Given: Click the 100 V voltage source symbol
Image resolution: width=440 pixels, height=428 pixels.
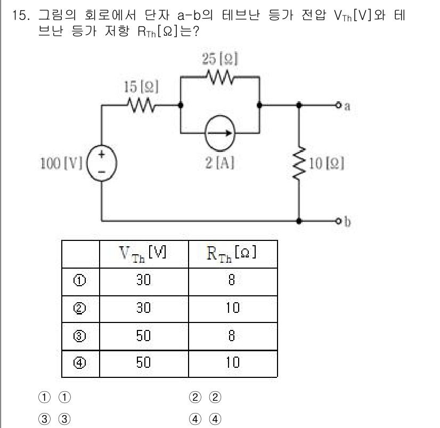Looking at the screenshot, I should pos(101,161).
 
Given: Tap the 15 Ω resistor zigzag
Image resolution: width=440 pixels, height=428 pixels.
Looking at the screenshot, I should pos(140,105).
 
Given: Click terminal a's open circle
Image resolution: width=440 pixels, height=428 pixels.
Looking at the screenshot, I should pos(338,105).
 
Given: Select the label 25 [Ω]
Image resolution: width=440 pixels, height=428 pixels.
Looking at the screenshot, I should pos(220,59).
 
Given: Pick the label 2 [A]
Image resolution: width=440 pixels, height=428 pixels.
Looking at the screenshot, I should pos(219,163).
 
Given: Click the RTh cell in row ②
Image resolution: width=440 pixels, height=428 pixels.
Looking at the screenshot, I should pos(233,308).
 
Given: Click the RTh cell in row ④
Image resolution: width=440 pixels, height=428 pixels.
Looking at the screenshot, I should pos(233,364).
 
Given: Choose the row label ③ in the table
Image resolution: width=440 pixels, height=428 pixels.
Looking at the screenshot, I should pos(80,336).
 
